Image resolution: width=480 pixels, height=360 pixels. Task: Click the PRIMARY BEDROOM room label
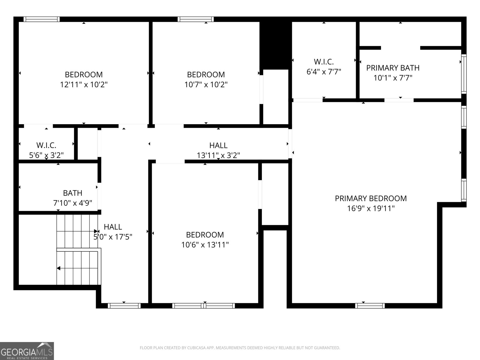click(371, 198)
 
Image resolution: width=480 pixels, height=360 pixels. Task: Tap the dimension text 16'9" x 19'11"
click(371, 208)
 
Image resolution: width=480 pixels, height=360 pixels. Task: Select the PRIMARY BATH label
click(393, 68)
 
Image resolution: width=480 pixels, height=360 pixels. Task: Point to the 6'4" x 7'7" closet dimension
click(324, 71)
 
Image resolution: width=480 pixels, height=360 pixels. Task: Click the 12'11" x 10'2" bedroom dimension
click(84, 84)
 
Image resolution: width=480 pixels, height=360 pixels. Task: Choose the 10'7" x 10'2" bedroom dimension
click(206, 84)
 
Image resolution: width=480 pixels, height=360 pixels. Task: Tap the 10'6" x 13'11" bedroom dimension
click(205, 244)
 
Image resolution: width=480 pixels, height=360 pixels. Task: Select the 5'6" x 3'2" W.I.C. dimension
click(46, 155)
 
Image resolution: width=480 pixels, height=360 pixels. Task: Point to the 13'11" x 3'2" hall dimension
click(218, 155)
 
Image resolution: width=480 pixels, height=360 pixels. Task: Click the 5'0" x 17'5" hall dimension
click(113, 237)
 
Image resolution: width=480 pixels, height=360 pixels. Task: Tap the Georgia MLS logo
click(27, 351)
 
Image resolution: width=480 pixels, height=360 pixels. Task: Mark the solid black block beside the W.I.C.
click(275, 46)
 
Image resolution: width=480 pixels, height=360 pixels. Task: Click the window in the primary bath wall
click(464, 74)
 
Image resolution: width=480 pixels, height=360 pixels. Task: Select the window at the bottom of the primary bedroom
click(370, 306)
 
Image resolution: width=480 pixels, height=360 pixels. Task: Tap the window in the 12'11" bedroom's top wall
click(41, 19)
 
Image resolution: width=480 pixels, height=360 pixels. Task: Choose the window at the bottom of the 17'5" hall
click(124, 306)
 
